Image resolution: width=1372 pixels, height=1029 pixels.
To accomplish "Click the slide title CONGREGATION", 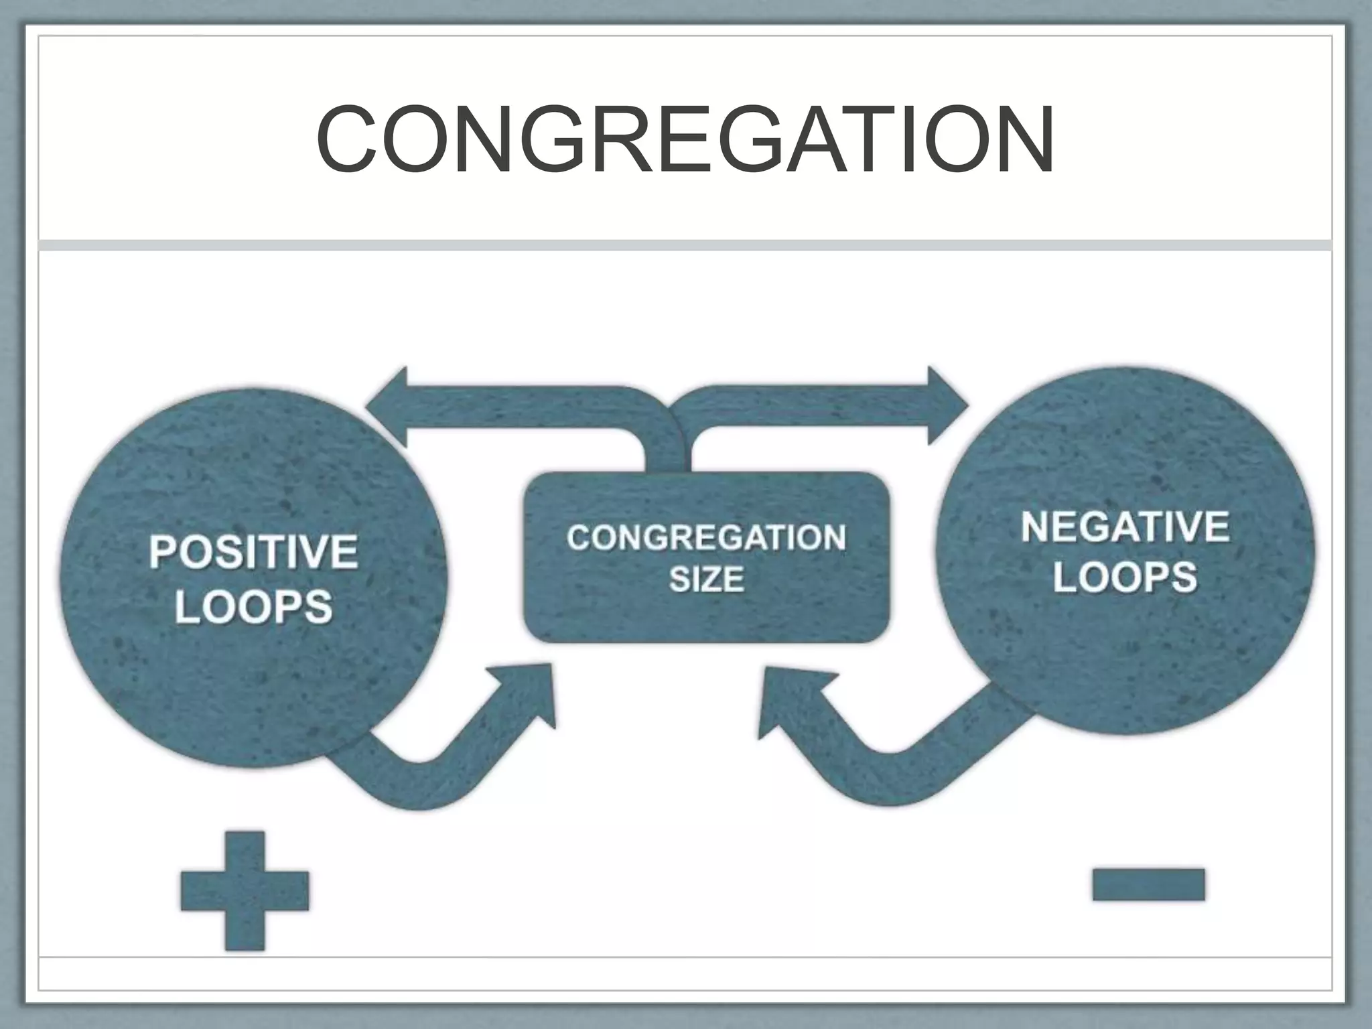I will [x=685, y=139].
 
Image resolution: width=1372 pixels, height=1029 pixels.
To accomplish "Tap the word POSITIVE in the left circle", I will [x=253, y=552].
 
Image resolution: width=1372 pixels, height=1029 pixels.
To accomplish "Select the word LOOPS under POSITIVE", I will [x=253, y=607].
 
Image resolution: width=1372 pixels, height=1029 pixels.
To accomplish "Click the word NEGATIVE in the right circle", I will [x=1125, y=527].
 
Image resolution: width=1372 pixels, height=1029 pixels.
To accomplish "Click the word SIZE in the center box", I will [x=706, y=579].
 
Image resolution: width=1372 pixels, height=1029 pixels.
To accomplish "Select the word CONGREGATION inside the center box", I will [x=706, y=538].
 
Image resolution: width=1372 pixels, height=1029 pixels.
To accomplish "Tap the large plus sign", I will [x=245, y=890].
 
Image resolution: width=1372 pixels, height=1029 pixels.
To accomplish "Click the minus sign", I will [x=1148, y=884].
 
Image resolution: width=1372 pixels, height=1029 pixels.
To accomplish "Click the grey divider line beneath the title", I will [x=685, y=245].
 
